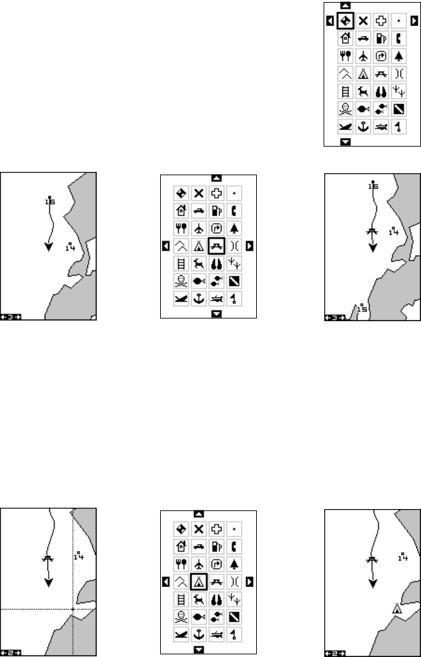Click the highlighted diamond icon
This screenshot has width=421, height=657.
pos(346,21)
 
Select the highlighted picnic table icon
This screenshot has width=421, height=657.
pos(216,246)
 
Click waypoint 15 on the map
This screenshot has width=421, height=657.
pos(361,309)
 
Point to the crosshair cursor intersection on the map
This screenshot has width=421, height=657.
pos(73,610)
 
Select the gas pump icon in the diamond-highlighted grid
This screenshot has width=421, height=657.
pos(382,39)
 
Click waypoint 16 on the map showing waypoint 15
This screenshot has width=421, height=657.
pos(373,187)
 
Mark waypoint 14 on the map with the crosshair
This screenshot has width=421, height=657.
pos(79,556)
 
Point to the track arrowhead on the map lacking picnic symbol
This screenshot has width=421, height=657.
pos(48,247)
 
